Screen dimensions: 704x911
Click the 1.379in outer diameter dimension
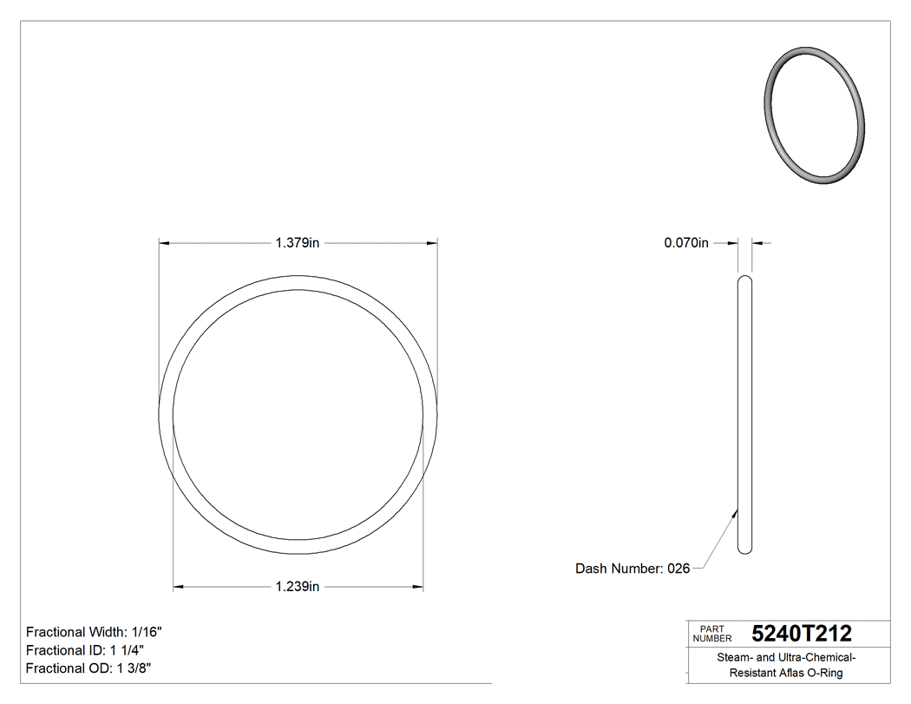pos(298,244)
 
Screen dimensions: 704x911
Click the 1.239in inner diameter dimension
pos(298,588)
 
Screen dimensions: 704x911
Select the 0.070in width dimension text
pos(686,244)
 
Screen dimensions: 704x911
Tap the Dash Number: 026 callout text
pos(632,569)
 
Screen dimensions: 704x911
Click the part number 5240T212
pos(802,633)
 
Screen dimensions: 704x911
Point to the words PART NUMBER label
pos(712,633)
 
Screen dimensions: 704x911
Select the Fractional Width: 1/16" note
pos(94,632)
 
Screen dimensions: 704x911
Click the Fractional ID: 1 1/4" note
pos(85,650)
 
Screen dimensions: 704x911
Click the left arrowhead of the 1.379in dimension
pos(163,244)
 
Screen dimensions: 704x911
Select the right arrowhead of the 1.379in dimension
pos(432,244)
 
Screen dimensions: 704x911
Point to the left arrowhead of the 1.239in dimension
pos(179,588)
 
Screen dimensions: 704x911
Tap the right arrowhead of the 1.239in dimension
pos(418,588)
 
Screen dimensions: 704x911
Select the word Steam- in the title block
pos(735,658)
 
